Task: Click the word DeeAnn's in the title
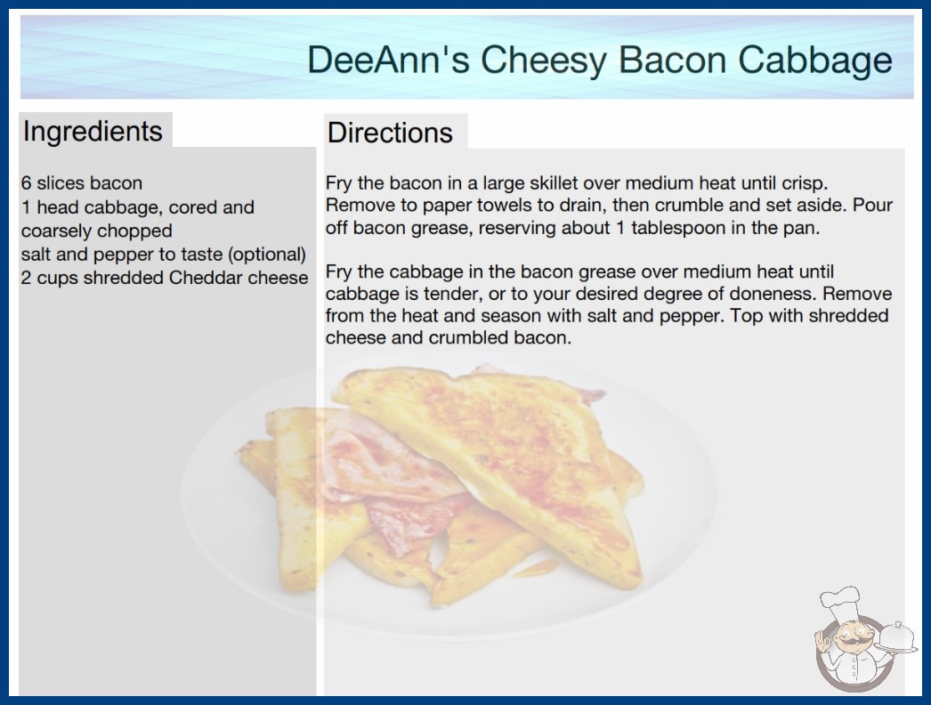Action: [x=389, y=60]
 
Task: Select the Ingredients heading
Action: [x=93, y=132]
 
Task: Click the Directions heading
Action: [x=390, y=133]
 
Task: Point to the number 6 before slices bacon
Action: [x=26, y=183]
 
